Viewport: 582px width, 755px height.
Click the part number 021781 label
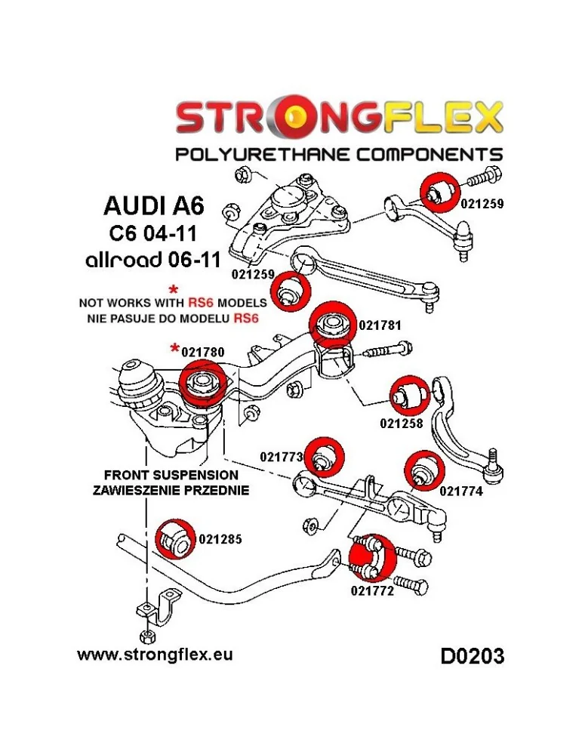(x=379, y=326)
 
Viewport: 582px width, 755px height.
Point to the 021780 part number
(x=204, y=351)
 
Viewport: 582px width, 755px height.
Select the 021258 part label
(x=401, y=424)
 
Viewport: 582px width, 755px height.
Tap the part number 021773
(x=281, y=457)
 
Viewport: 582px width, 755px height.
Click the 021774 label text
(x=460, y=491)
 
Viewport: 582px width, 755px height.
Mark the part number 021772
(x=372, y=592)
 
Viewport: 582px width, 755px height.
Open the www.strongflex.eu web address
(x=155, y=654)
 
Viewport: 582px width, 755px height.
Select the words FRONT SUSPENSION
(x=171, y=476)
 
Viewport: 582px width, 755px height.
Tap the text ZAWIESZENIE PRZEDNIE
(x=171, y=489)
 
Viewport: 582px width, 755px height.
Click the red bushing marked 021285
(x=175, y=538)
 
